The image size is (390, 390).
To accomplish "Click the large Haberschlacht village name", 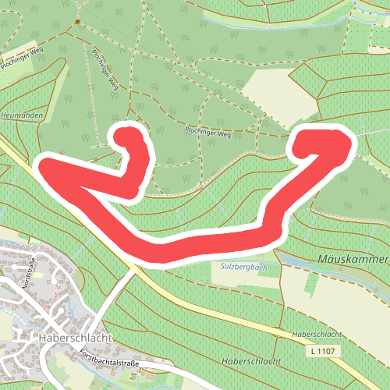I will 76,338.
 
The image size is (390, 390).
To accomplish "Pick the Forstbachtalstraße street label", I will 109,359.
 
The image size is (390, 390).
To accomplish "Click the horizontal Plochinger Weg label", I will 208,133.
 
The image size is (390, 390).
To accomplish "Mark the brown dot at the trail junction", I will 77,22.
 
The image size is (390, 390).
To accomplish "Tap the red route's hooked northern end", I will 125,137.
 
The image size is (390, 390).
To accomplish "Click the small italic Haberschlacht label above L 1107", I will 316,334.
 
